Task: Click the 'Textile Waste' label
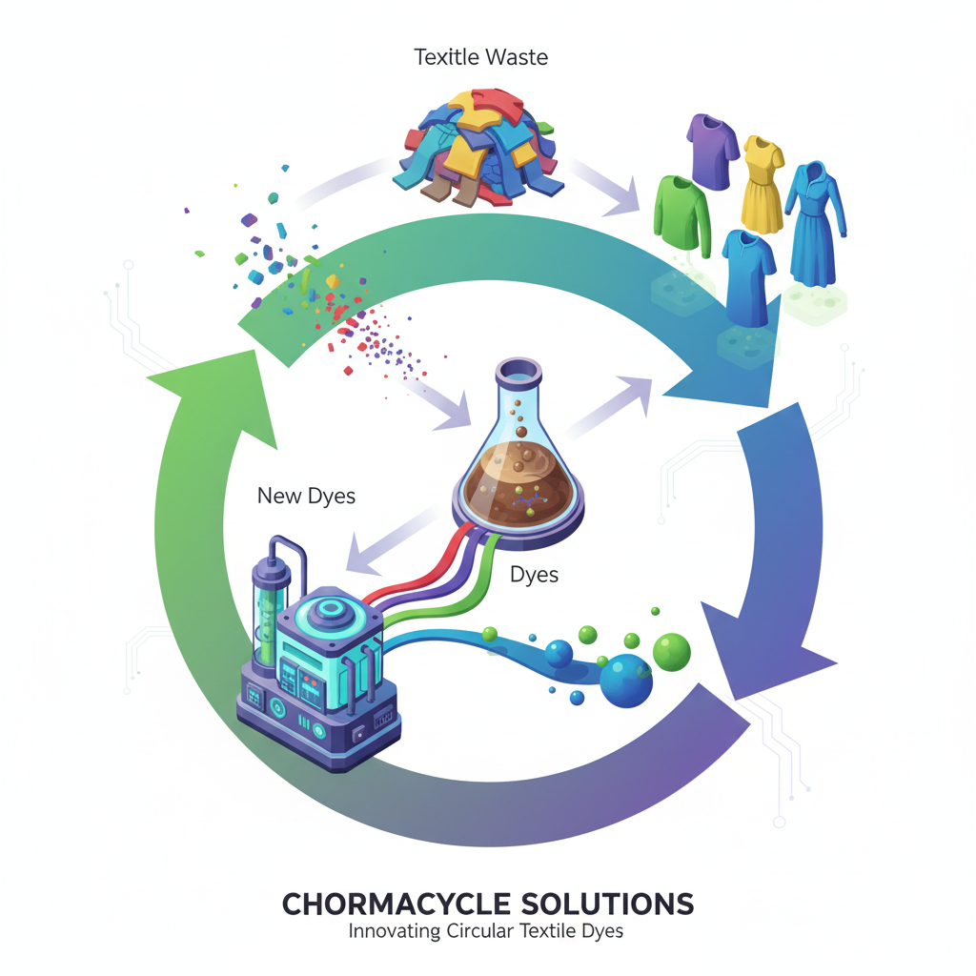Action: [x=481, y=57]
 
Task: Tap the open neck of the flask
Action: [x=517, y=367]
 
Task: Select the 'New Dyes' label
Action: [x=306, y=496]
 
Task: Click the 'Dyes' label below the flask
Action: [x=534, y=575]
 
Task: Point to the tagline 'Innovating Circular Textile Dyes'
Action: [x=485, y=931]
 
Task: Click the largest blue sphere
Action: [x=626, y=680]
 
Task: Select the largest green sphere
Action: [x=671, y=652]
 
